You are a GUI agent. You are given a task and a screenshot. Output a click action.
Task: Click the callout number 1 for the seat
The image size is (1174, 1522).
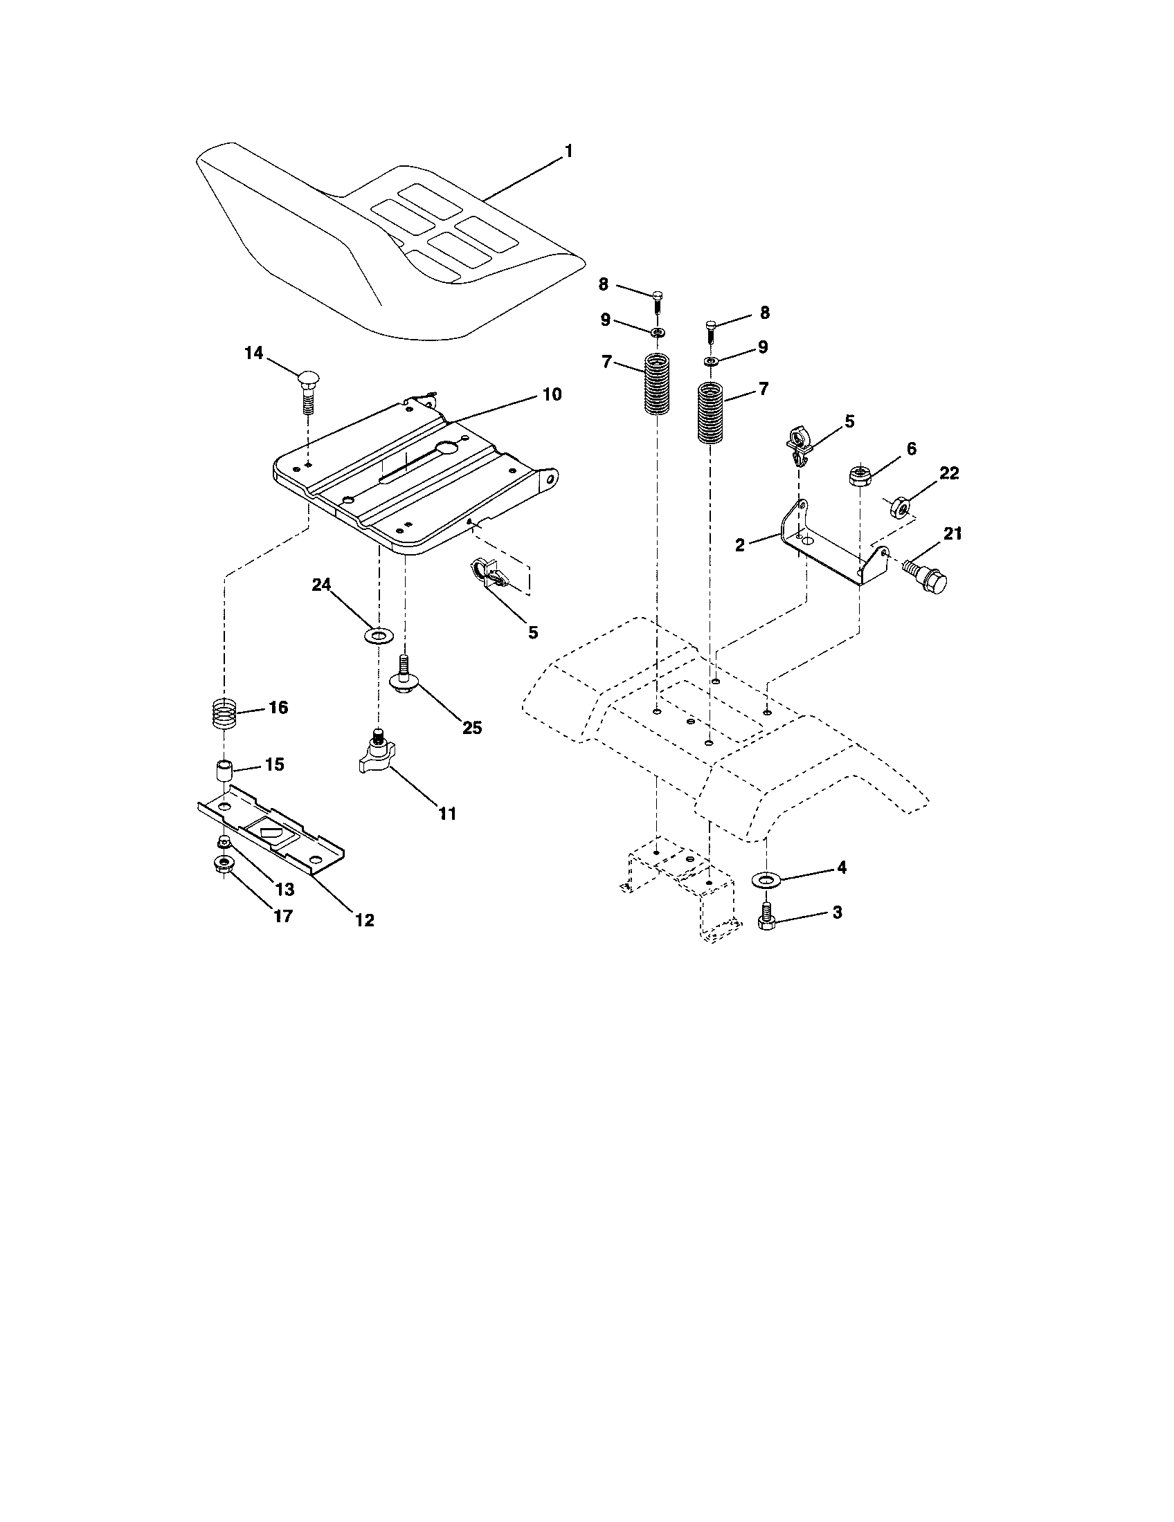click(568, 152)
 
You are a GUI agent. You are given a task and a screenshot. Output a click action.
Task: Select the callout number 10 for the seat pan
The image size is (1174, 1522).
click(551, 394)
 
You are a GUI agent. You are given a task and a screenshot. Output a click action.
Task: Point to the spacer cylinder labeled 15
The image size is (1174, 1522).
click(223, 773)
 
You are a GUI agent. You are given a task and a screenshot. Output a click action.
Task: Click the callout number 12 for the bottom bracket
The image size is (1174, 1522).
click(364, 920)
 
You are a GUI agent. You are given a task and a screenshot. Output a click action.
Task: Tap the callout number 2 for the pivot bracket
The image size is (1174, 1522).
click(740, 544)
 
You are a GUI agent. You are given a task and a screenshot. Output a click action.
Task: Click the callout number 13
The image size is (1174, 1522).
click(285, 890)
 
